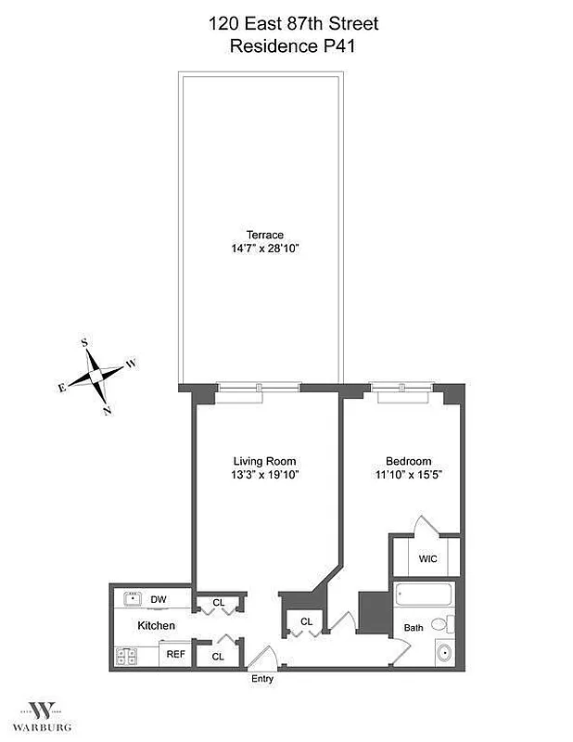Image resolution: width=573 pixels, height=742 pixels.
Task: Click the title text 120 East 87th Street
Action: [x=293, y=23]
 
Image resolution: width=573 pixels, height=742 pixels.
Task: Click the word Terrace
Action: [x=265, y=236]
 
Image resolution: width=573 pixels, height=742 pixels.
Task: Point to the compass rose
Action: [x=97, y=376]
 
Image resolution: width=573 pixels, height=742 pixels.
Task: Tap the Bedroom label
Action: [x=408, y=461]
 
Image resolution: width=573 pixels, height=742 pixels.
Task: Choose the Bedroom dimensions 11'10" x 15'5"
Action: [x=408, y=475]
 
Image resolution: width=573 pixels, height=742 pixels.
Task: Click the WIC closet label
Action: [x=427, y=559]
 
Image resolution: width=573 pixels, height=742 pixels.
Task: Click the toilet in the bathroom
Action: [x=449, y=622]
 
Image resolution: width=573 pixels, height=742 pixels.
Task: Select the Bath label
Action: [x=413, y=628]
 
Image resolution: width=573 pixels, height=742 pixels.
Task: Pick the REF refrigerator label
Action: [x=174, y=654]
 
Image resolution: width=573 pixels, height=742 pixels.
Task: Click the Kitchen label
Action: [x=157, y=626]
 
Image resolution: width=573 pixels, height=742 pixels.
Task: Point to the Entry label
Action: [x=262, y=679]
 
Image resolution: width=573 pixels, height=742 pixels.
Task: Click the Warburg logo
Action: [x=41, y=713]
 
